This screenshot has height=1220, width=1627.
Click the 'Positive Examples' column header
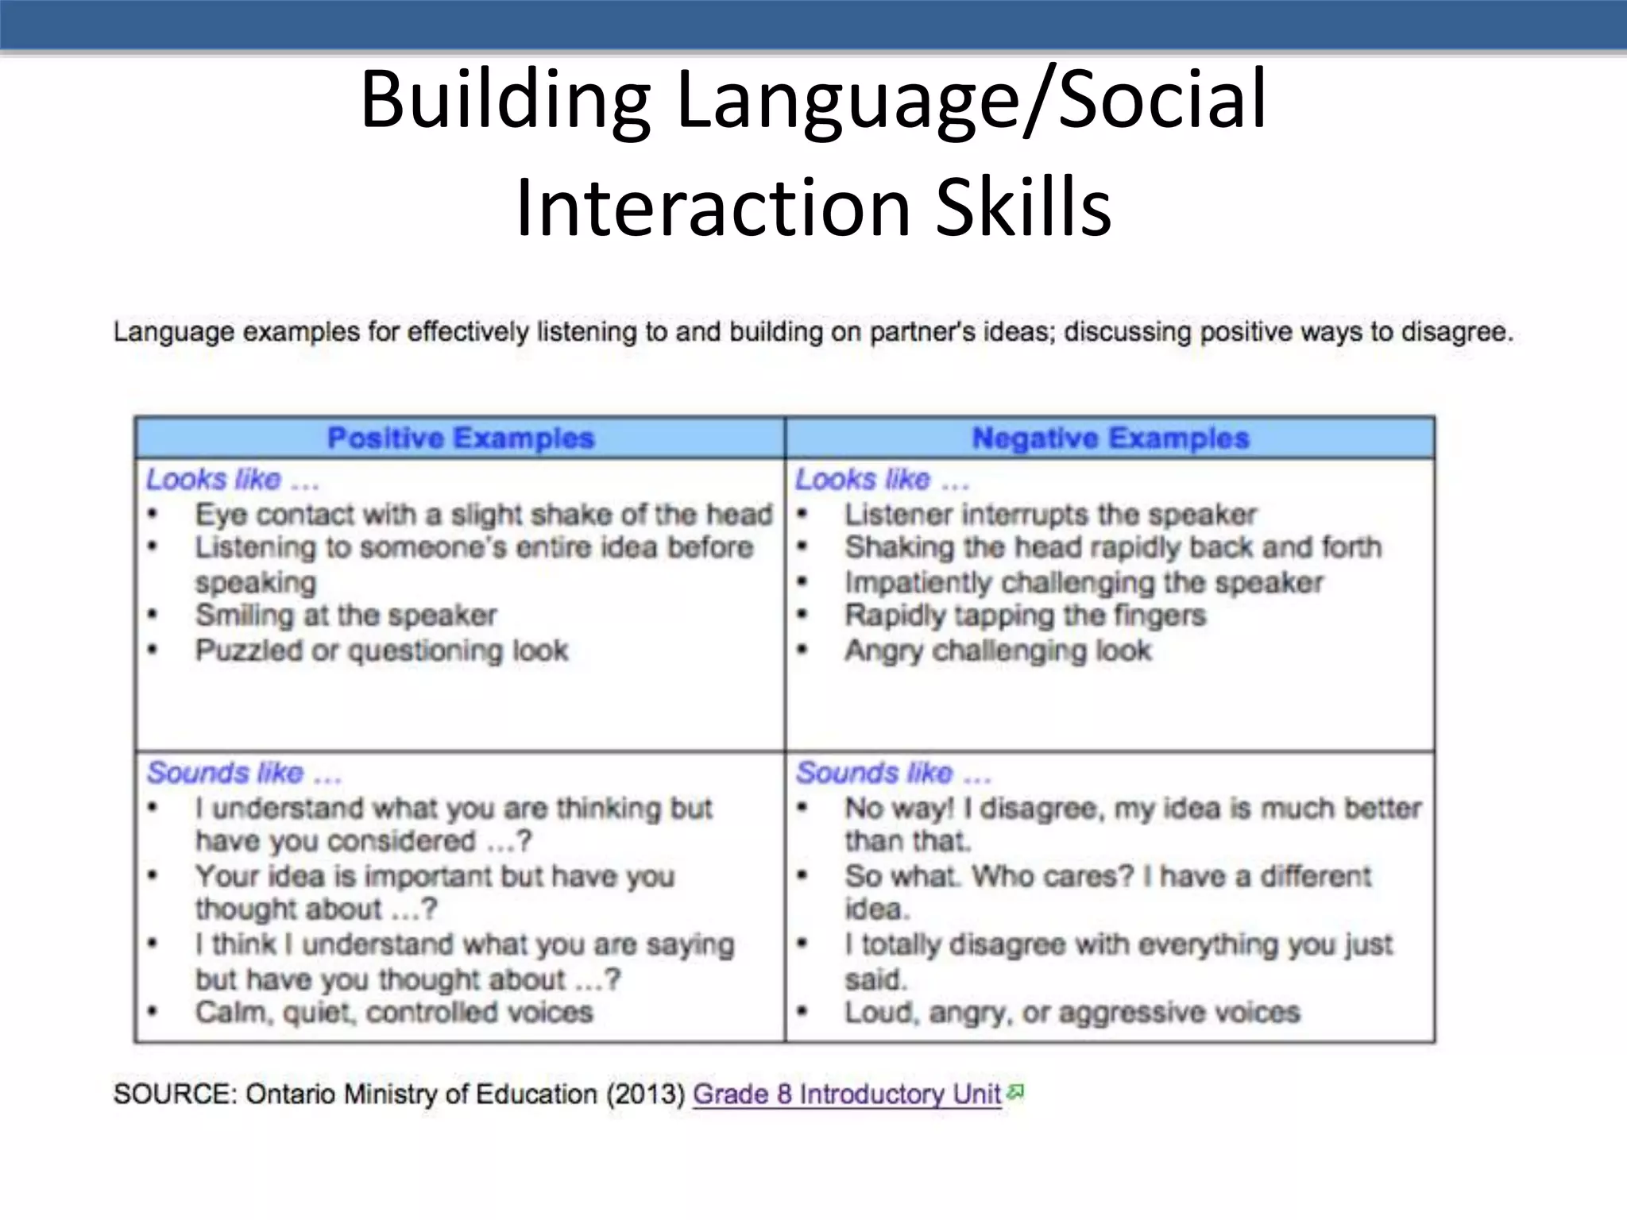tap(461, 438)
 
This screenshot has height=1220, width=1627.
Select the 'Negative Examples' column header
tap(1111, 438)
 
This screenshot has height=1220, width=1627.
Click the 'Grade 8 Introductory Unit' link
tap(847, 1094)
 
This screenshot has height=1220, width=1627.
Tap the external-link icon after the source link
tap(1015, 1093)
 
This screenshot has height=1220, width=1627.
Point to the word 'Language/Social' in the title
tap(971, 99)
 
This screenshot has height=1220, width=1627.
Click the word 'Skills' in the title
tap(1024, 207)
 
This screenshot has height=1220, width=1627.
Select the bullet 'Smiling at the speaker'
tap(346, 615)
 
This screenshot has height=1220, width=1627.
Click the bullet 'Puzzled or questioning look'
tap(382, 650)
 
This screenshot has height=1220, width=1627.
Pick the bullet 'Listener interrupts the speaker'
tap(1050, 515)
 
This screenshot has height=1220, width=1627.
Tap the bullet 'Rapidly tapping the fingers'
tap(1025, 615)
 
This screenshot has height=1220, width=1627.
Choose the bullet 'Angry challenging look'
tap(998, 650)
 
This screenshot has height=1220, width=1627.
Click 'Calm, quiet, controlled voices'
tap(394, 1012)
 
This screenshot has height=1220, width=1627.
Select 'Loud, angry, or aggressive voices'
tap(1072, 1012)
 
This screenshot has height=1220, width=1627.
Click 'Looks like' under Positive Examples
tap(214, 479)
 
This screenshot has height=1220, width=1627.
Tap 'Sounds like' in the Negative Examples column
tap(875, 772)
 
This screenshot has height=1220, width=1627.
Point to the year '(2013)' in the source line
tap(645, 1094)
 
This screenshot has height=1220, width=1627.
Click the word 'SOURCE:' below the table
tap(175, 1094)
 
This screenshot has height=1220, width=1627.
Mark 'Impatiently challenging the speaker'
tap(1084, 582)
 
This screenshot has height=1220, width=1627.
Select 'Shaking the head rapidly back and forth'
tap(1113, 547)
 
